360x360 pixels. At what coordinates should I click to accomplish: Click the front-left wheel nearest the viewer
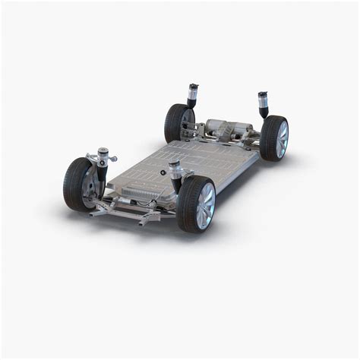(x=196, y=204)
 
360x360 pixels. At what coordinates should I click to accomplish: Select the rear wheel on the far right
(x=274, y=138)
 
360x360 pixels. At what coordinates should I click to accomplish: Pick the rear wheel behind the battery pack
(x=178, y=122)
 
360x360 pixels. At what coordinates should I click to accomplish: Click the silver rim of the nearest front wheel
(x=205, y=206)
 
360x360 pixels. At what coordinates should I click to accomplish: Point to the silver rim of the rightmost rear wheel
(x=282, y=139)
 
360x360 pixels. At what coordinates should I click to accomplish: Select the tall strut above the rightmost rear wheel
(x=264, y=104)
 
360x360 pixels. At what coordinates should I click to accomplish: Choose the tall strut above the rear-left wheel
(x=193, y=97)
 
